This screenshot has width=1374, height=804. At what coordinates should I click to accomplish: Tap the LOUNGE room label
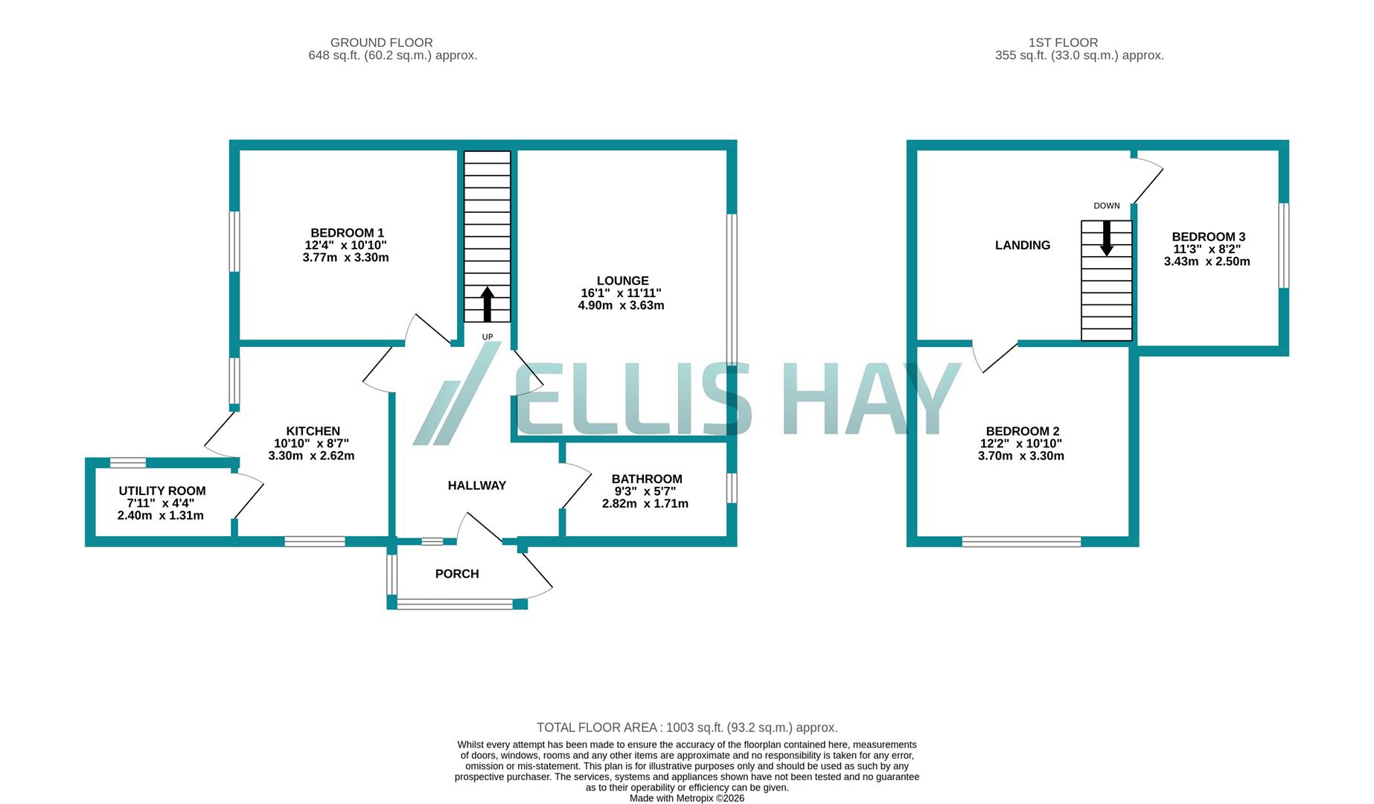click(622, 281)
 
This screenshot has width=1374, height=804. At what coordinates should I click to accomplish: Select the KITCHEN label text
click(313, 431)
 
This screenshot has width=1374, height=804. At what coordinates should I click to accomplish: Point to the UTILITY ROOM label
click(162, 491)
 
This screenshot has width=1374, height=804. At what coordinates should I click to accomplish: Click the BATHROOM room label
click(646, 479)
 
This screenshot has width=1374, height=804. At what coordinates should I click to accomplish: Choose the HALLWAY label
click(476, 485)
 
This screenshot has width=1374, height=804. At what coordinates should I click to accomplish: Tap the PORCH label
click(457, 574)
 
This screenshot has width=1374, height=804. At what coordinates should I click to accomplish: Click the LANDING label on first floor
click(1023, 245)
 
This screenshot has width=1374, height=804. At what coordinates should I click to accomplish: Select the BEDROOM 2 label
click(1022, 431)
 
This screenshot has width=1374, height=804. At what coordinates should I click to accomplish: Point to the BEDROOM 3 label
click(1208, 237)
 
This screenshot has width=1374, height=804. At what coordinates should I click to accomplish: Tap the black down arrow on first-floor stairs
click(1107, 238)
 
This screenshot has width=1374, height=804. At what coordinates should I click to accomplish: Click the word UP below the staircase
click(488, 337)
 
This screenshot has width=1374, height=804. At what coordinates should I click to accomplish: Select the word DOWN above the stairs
click(1107, 206)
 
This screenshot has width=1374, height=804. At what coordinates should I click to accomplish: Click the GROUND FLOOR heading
click(381, 42)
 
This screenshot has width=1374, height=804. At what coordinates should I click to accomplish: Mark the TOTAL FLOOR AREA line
click(687, 727)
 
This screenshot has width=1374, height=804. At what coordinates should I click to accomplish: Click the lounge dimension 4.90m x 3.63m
click(621, 305)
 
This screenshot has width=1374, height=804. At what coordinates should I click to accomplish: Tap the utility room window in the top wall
click(128, 462)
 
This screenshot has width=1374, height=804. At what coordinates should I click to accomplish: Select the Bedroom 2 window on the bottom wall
click(1021, 542)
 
